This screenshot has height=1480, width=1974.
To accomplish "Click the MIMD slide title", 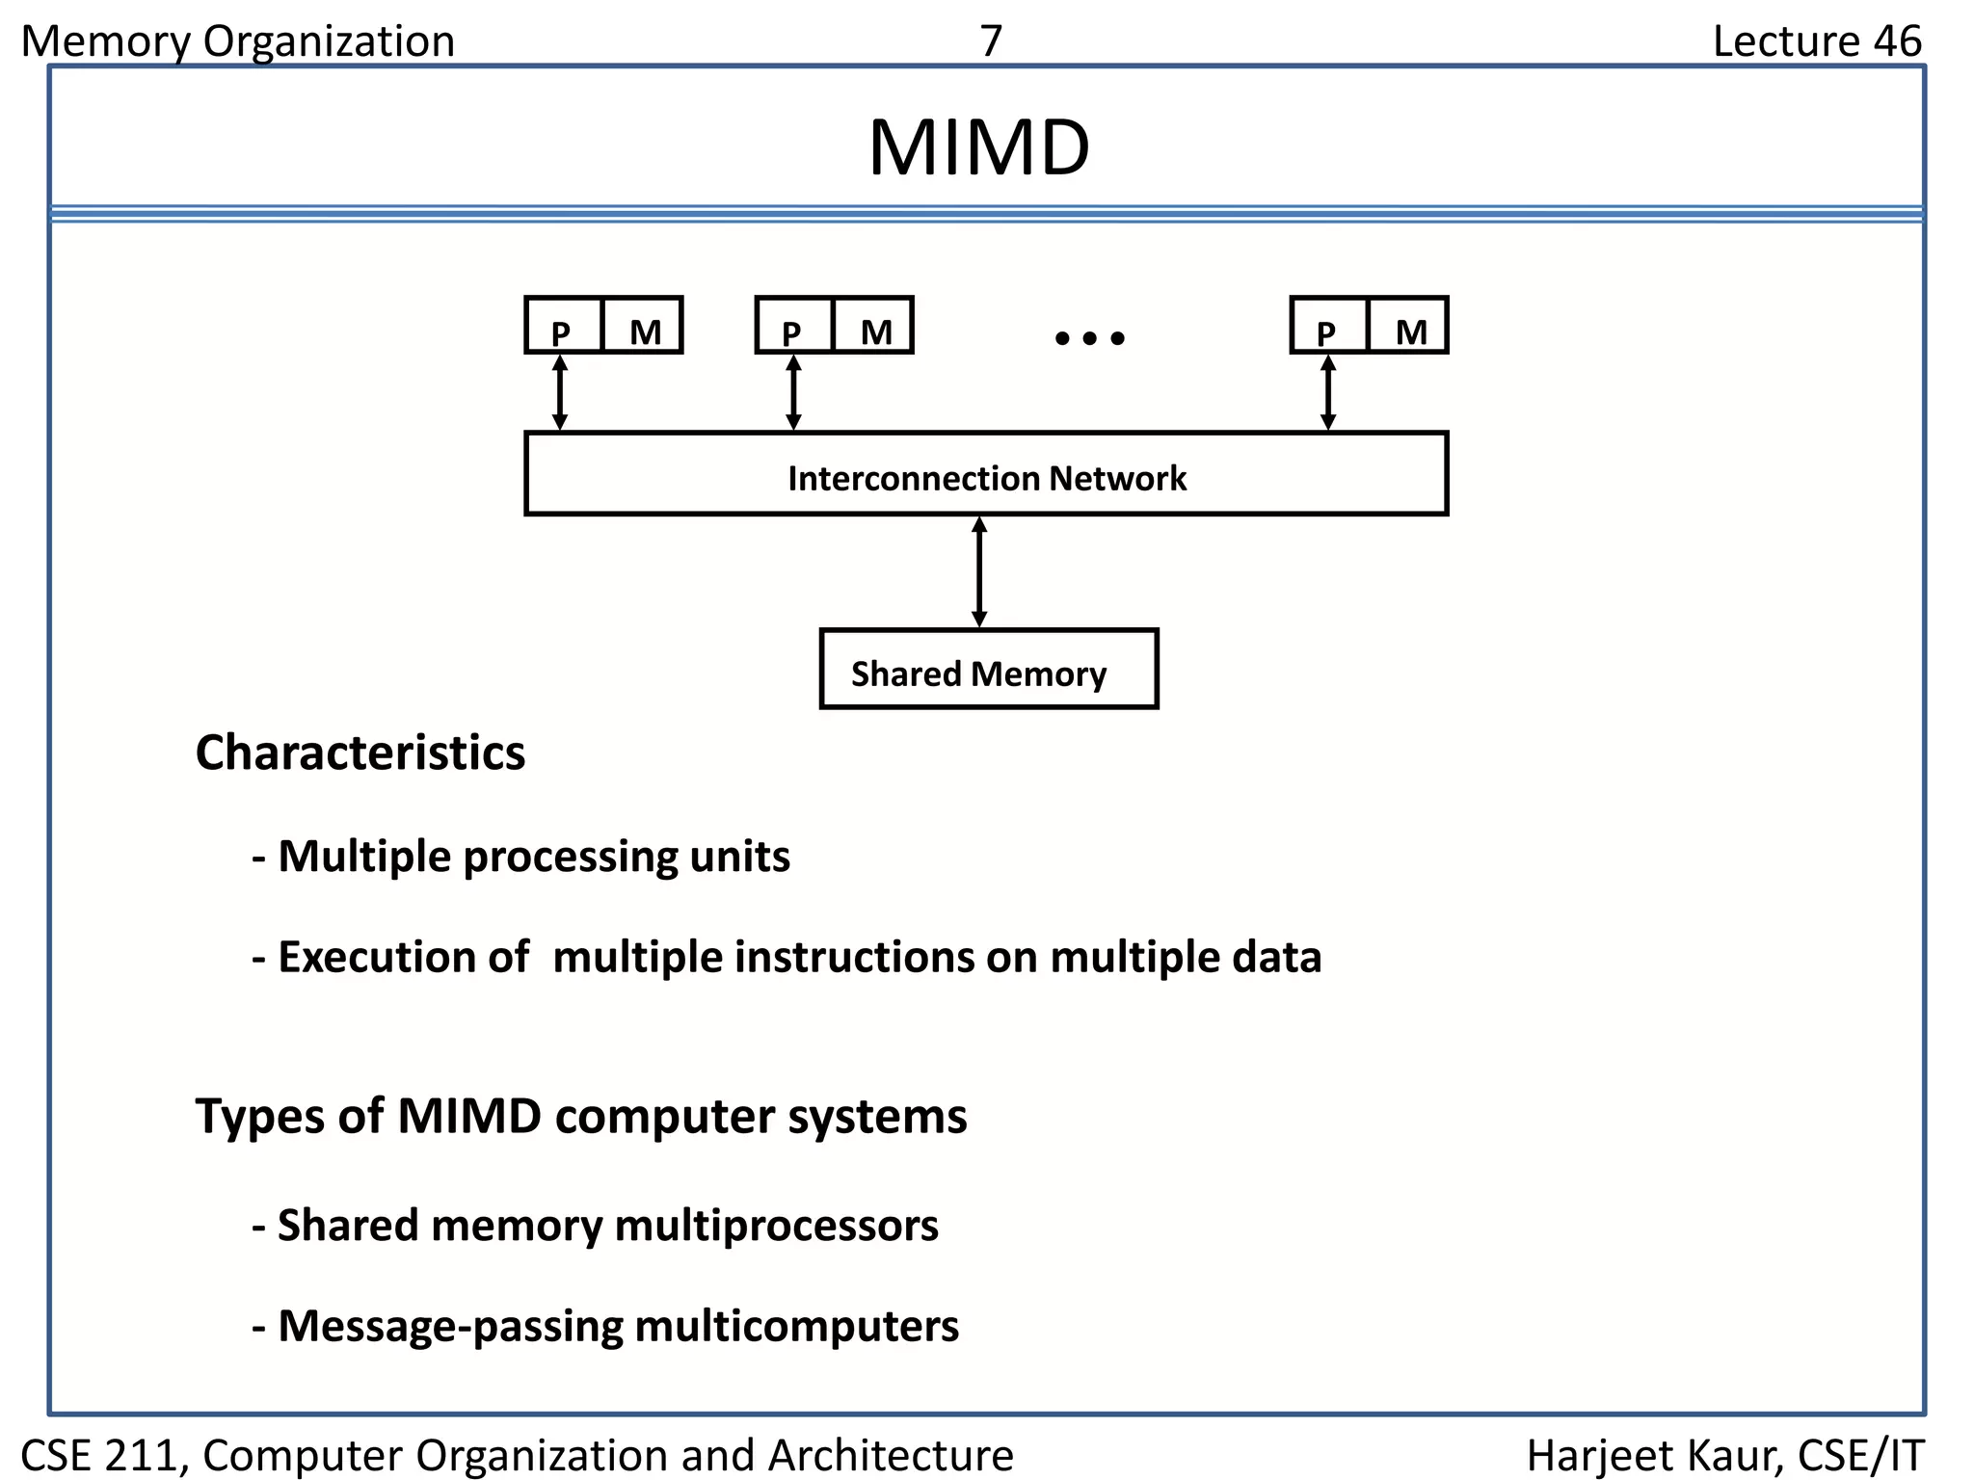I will (978, 148).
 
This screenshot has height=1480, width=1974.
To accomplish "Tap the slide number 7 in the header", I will (991, 41).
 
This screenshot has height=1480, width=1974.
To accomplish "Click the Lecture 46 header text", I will (1816, 41).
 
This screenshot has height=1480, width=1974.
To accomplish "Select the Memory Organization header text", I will (237, 41).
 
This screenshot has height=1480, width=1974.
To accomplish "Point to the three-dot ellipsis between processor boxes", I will (1089, 338).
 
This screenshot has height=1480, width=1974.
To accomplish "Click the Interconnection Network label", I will (986, 478).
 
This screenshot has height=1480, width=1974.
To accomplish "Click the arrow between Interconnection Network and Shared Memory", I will (979, 572).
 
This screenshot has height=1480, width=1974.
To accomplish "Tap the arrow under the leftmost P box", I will (560, 393).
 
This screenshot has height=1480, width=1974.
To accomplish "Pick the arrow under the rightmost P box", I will (1327, 393).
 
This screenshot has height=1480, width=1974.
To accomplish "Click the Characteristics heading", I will (360, 753).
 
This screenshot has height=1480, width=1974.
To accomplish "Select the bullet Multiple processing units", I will (520, 857).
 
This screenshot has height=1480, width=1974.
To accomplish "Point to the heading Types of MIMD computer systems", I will (580, 1117).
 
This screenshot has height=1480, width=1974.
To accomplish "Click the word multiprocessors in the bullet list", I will (776, 1226).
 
